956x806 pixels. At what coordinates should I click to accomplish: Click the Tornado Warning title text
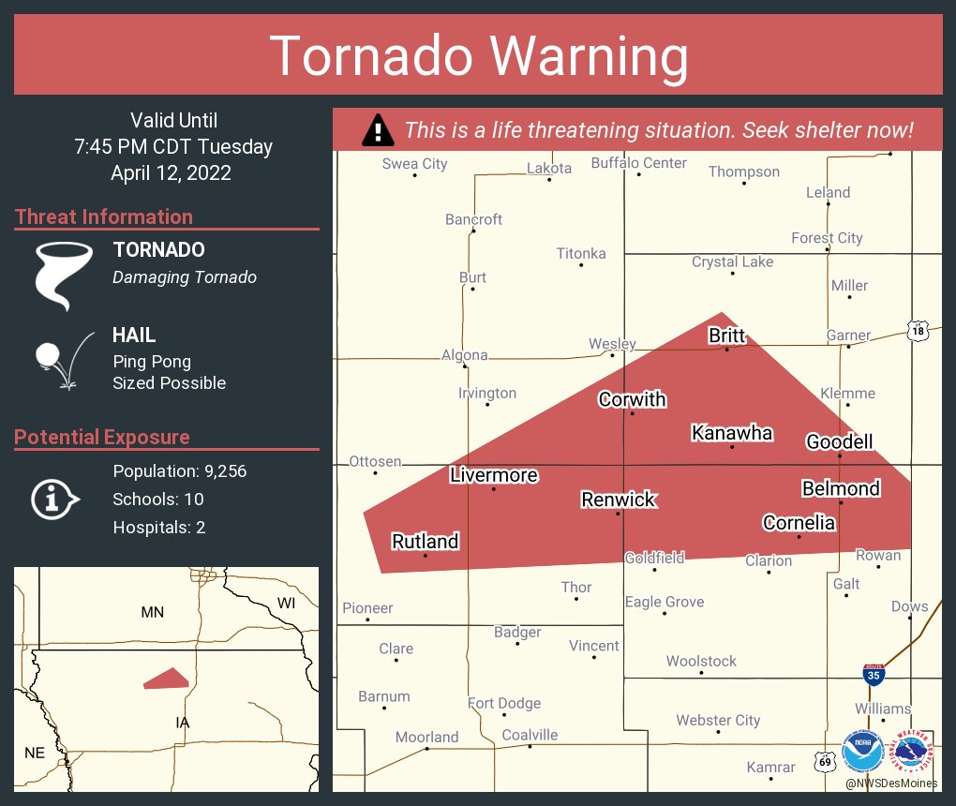pyautogui.click(x=479, y=56)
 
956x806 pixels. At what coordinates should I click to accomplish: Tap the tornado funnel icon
pyautogui.click(x=63, y=275)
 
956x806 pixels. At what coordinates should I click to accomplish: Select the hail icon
pyautogui.click(x=63, y=359)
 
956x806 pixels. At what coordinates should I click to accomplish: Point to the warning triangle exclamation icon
pyautogui.click(x=378, y=130)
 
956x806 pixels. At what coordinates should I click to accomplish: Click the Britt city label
pyautogui.click(x=727, y=336)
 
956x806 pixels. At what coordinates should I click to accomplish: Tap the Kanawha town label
pyautogui.click(x=732, y=432)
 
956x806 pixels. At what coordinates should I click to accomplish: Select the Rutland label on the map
pyautogui.click(x=425, y=542)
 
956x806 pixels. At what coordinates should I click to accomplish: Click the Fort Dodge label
pyautogui.click(x=505, y=703)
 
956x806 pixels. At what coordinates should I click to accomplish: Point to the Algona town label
pyautogui.click(x=465, y=355)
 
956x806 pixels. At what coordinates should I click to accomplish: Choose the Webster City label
pyautogui.click(x=718, y=720)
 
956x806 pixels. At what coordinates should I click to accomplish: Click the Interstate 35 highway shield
pyautogui.click(x=874, y=673)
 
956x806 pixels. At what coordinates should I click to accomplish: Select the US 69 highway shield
pyautogui.click(x=824, y=761)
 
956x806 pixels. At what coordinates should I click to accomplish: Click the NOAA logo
pyautogui.click(x=861, y=752)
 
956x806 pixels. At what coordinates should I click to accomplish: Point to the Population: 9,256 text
pyautogui.click(x=179, y=471)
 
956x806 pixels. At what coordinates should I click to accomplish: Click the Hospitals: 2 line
pyautogui.click(x=158, y=528)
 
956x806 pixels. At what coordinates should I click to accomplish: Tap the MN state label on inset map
pyautogui.click(x=152, y=613)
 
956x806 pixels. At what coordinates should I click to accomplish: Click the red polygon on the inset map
pyautogui.click(x=168, y=679)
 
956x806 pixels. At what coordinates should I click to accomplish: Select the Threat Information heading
pyautogui.click(x=104, y=217)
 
